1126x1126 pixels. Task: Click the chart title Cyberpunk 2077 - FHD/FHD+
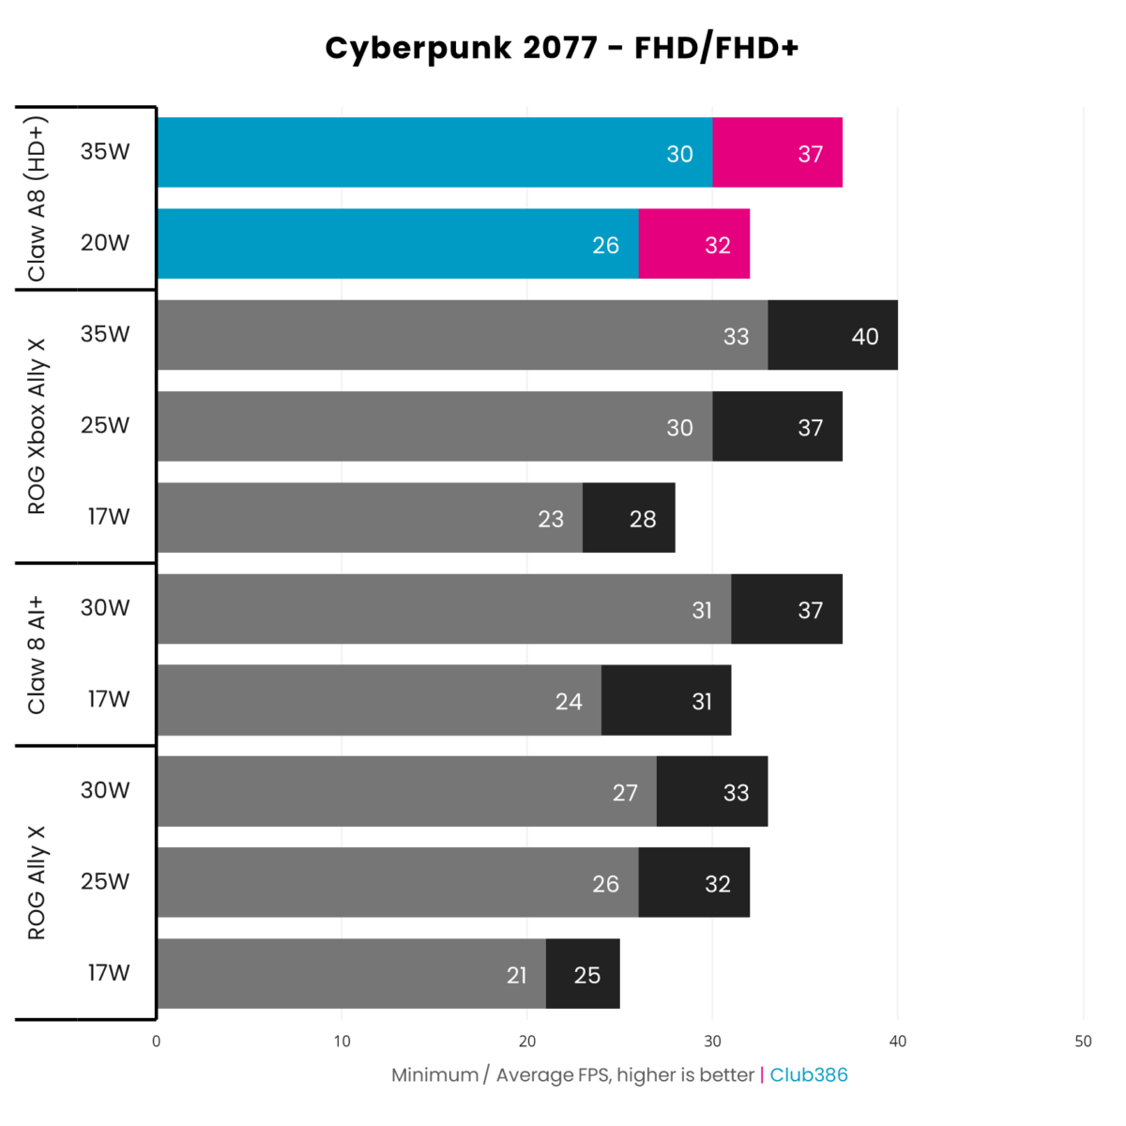click(561, 48)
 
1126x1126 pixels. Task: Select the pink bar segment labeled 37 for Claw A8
click(777, 153)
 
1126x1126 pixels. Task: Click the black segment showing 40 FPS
click(832, 336)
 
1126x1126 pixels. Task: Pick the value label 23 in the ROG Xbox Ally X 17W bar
click(551, 519)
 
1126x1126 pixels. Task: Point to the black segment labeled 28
click(629, 519)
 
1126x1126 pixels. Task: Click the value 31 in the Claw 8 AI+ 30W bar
click(702, 610)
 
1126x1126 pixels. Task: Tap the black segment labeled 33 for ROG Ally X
click(712, 792)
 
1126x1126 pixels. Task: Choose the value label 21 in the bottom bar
click(517, 975)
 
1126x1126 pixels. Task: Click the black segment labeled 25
click(583, 975)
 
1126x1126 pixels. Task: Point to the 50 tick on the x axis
click(1083, 1041)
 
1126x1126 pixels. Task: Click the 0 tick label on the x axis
click(156, 1041)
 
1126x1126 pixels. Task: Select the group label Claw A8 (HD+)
click(36, 199)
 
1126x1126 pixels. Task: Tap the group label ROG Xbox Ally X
click(36, 427)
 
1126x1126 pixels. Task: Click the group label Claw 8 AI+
click(36, 655)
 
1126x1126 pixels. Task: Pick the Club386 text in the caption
click(808, 1074)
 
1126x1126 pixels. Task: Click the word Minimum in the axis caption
click(434, 1074)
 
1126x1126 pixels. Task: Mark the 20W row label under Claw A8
click(105, 243)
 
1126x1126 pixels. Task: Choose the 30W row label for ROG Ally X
click(105, 790)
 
